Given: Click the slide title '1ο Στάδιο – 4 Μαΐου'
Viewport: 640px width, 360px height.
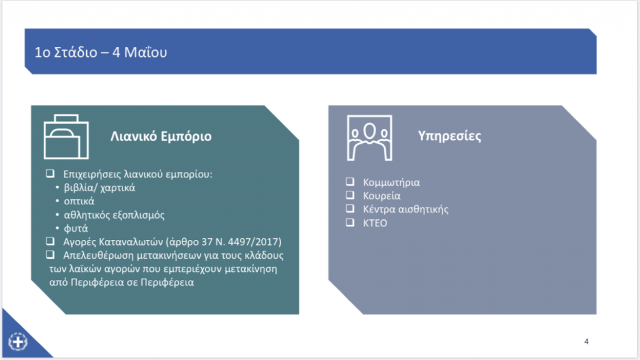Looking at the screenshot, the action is [101, 52].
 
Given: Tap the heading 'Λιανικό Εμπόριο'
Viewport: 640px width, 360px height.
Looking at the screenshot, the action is [161, 136].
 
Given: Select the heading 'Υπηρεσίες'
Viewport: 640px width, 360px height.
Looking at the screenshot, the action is [449, 136].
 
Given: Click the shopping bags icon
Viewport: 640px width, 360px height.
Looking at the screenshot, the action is [66, 137].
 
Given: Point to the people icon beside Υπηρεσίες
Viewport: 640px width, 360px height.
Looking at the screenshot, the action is [369, 138].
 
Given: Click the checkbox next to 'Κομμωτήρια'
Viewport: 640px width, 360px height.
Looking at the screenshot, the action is [350, 181].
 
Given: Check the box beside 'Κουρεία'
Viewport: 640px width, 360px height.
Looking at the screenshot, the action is [350, 195].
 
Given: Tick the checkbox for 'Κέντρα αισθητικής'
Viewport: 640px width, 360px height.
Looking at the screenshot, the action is [350, 208].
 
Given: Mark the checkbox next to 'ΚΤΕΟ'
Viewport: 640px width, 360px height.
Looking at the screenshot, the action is [350, 222].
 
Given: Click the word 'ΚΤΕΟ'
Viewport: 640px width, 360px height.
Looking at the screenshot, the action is [375, 223].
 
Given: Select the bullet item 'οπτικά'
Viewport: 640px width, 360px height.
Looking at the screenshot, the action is [79, 201].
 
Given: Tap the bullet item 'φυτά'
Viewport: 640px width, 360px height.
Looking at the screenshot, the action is [76, 229].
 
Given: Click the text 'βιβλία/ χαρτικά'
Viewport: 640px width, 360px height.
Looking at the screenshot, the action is [99, 187].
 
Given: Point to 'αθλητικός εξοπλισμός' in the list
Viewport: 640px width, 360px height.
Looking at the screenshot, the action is [114, 215].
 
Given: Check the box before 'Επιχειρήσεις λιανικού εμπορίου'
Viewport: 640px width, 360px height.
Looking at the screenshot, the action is [50, 174].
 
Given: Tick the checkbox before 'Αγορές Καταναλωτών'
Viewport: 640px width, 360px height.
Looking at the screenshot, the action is [50, 241].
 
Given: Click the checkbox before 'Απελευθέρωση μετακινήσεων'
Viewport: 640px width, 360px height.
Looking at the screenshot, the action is [50, 254].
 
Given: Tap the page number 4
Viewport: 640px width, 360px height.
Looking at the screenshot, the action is [586, 342].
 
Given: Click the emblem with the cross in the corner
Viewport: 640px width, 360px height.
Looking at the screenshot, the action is [18, 342].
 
